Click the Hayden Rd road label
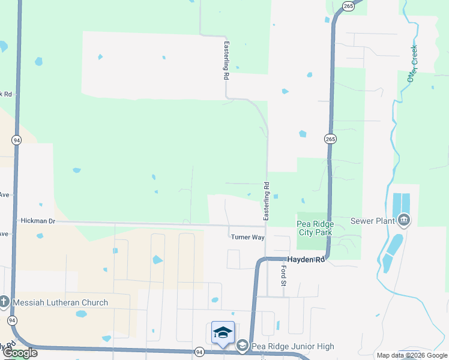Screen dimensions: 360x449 (306, 260)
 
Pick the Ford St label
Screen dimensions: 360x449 (283, 276)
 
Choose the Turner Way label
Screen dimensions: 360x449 (248, 238)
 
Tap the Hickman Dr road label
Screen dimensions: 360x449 (38, 221)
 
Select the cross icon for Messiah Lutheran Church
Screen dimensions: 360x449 (4, 302)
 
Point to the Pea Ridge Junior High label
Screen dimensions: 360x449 (293, 346)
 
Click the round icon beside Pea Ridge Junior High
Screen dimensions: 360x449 (242, 346)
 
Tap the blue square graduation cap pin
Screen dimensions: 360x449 (223, 333)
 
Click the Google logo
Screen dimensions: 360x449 (20, 353)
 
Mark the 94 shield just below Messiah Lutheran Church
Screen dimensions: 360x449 (12, 321)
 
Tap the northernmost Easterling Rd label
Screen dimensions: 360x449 (226, 60)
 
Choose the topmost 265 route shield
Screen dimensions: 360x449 (348, 5)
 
